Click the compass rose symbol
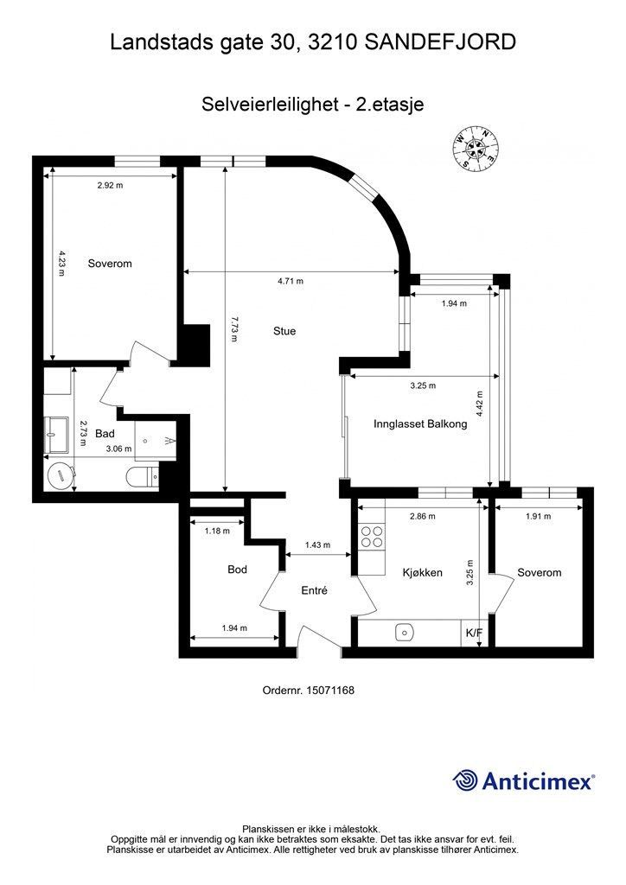click(x=476, y=148)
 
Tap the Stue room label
click(x=284, y=331)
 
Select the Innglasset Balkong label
click(x=420, y=423)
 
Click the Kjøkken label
click(x=422, y=573)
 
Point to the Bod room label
click(x=237, y=570)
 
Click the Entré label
click(x=315, y=590)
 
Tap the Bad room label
click(x=105, y=434)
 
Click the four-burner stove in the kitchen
click(x=372, y=536)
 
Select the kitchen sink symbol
click(x=404, y=632)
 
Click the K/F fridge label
click(x=474, y=633)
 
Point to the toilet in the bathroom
click(x=144, y=478)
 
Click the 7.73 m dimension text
click(x=234, y=329)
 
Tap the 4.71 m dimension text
click(x=291, y=281)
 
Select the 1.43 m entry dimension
click(x=317, y=545)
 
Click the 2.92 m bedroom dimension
click(x=110, y=185)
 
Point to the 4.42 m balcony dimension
click(x=479, y=404)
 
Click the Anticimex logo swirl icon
click(x=465, y=780)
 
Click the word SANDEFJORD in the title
click(x=440, y=42)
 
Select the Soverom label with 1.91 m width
click(x=539, y=573)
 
